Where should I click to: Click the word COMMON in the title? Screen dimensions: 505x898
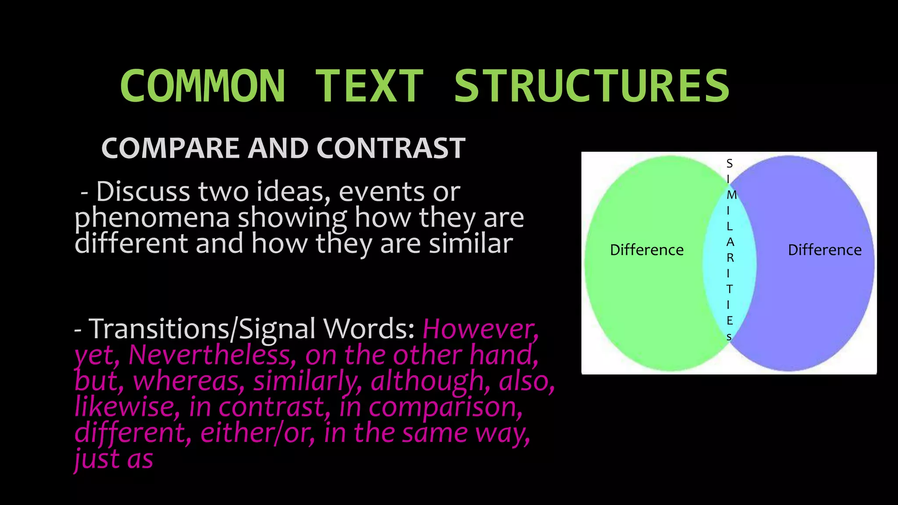point(203,86)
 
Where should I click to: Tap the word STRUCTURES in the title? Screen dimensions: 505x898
point(592,86)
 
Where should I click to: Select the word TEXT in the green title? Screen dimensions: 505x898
point(369,86)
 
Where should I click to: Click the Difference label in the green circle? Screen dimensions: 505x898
point(647,250)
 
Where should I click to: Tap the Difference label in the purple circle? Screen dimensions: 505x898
point(824,250)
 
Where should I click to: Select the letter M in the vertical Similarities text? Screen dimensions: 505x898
point(731,195)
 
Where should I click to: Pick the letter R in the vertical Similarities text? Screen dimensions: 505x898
point(730,258)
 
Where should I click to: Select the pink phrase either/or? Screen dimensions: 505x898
point(257,433)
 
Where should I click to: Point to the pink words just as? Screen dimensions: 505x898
point(114,459)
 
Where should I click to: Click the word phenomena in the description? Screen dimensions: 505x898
point(152,218)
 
